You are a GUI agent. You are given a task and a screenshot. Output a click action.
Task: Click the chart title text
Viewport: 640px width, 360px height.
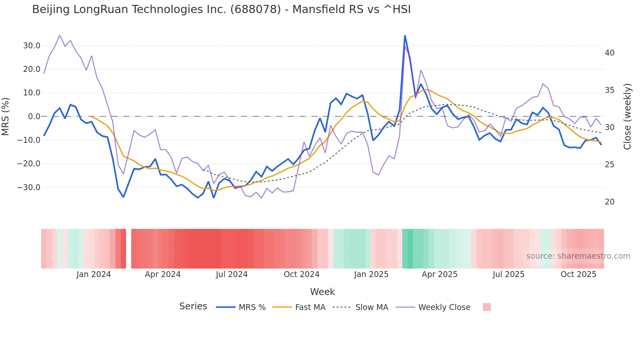click(x=221, y=9)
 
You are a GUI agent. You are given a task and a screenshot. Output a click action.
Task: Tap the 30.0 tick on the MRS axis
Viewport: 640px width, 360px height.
click(x=32, y=46)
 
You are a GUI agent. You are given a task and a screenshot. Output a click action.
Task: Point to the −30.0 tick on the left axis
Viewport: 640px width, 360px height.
click(x=29, y=188)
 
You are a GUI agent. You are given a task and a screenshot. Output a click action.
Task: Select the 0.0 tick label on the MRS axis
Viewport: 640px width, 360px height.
click(x=34, y=117)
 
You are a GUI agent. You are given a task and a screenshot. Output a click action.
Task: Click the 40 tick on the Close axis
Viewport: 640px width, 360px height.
click(x=610, y=53)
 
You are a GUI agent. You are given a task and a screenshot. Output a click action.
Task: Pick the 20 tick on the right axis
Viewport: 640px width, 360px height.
click(x=610, y=202)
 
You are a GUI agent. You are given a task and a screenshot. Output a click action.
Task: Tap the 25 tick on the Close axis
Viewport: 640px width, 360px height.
click(x=610, y=165)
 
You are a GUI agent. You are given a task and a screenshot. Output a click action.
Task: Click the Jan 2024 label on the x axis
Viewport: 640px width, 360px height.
click(x=94, y=274)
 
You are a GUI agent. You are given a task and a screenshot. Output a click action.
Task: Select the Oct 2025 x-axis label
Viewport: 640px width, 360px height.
click(x=578, y=274)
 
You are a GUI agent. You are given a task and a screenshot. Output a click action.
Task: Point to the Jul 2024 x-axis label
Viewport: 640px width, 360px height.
click(x=232, y=274)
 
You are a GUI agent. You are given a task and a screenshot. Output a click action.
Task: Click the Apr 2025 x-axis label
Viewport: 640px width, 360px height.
click(x=440, y=274)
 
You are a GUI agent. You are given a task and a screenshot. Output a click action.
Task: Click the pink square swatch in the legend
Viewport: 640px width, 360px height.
click(x=487, y=307)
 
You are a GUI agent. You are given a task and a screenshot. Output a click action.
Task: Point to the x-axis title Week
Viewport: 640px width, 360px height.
click(x=322, y=292)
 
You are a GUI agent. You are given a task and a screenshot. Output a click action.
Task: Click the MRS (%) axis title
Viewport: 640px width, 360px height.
click(x=6, y=117)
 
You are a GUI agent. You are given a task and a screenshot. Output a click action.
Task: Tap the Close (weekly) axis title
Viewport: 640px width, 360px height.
click(x=627, y=117)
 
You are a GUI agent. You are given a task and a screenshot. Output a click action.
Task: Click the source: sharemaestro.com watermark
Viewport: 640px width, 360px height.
click(x=578, y=256)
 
